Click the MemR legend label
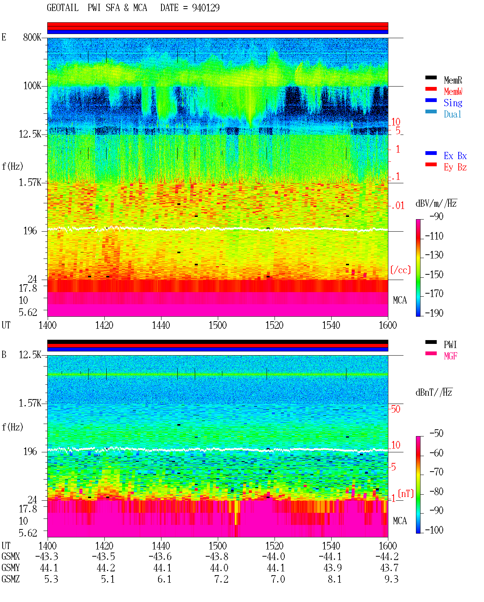453,80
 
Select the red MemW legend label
453,91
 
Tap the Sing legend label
453,103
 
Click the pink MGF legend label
450,356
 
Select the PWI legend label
450,344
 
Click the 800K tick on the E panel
32,37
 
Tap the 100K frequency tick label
32,86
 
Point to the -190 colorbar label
434,313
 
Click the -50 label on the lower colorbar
436,433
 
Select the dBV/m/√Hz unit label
436,203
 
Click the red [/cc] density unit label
400,270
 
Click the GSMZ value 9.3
391,579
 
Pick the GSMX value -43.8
217,556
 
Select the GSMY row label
11,568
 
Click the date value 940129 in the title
206,8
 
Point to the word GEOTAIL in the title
63,8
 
